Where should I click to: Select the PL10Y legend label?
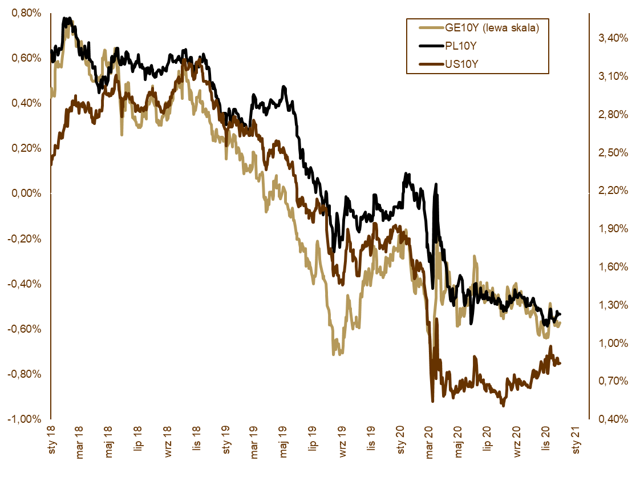(x=460, y=46)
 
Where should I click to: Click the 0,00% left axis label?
(x=26, y=193)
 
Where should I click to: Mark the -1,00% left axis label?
(x=24, y=419)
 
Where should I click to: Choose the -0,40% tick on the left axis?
(x=24, y=284)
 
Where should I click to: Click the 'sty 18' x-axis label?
(x=51, y=445)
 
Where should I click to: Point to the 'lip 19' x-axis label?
(x=314, y=444)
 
